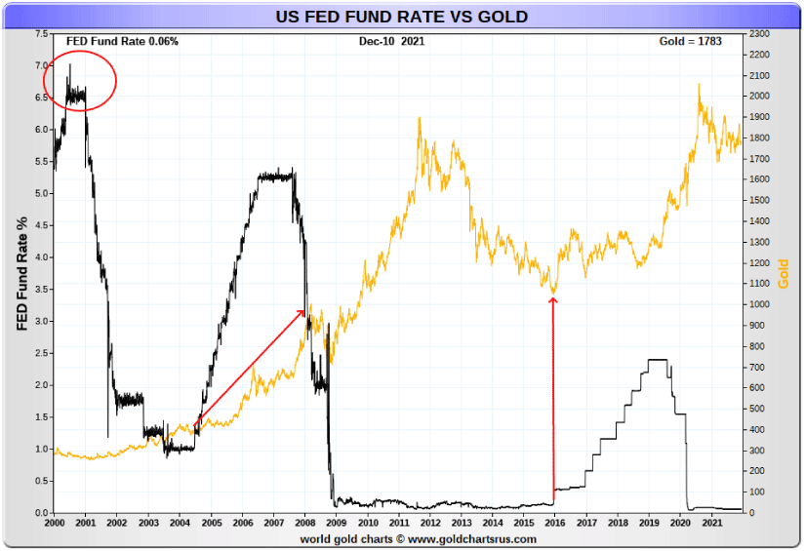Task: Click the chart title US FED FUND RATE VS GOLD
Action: coord(401,17)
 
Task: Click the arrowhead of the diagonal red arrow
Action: coord(304,311)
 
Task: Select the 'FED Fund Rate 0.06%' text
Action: coord(122,41)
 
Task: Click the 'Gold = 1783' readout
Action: coord(691,41)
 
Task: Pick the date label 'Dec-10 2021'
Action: coord(391,41)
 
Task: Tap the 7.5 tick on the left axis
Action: coord(40,34)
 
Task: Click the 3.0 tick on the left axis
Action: coord(40,322)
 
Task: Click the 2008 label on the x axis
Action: coord(305,524)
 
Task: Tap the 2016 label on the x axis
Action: coord(555,524)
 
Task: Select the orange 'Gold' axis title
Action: coord(784,274)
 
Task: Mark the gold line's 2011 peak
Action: coord(420,118)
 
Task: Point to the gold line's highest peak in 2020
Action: coord(699,85)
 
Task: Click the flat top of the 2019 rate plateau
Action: coord(658,360)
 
